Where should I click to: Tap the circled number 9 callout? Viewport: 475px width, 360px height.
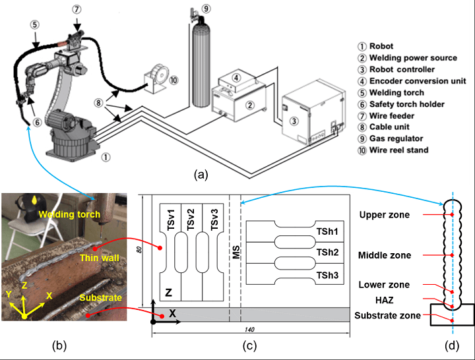pos(206,9)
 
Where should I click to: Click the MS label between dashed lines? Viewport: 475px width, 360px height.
pos(235,251)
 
